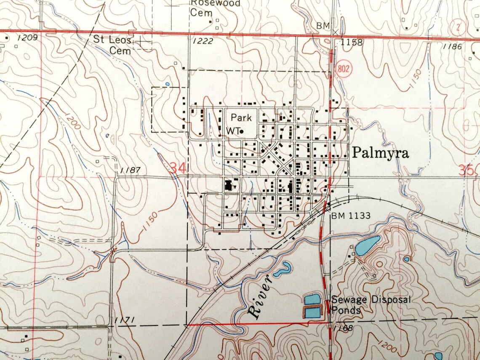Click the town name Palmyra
380,153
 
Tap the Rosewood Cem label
215,8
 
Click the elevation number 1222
203,41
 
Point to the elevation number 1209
28,38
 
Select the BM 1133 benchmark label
350,216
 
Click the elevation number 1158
352,42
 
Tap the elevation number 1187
130,170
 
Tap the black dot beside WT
242,132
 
